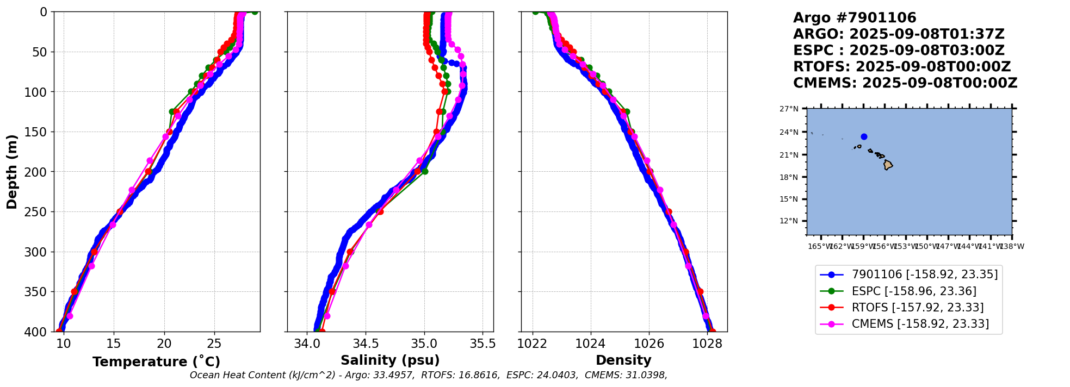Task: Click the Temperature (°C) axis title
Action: [x=156, y=362]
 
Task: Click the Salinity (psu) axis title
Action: [x=390, y=360]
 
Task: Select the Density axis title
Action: [x=623, y=360]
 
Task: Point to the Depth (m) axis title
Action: [x=12, y=171]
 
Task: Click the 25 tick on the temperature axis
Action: [x=214, y=344]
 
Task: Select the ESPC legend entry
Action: [x=913, y=291]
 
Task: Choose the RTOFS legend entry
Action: [x=917, y=308]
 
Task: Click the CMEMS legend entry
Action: [x=920, y=324]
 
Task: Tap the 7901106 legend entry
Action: [x=924, y=274]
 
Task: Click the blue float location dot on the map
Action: [x=864, y=137]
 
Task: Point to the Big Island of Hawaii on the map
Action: [x=888, y=165]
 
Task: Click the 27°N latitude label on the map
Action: [x=789, y=109]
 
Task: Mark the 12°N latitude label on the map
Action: [x=789, y=221]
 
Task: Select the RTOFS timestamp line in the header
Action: [x=901, y=67]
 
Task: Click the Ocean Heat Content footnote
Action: [x=428, y=375]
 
